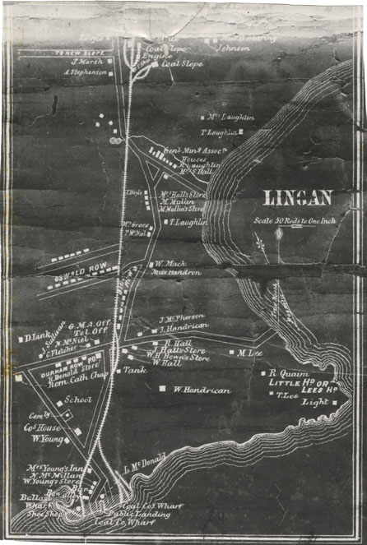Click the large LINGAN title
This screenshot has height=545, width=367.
coord(297,197)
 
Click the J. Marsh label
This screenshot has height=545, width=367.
coord(86,61)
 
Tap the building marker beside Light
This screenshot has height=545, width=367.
coord(336,403)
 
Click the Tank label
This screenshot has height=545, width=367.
coord(134,371)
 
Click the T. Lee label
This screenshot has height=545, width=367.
coord(286,394)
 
